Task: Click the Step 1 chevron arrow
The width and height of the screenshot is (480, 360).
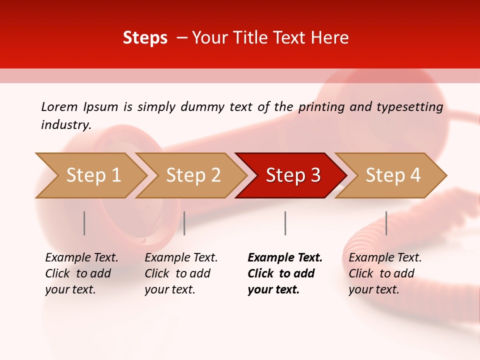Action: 93,175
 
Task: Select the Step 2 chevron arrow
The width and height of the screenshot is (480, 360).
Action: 193,175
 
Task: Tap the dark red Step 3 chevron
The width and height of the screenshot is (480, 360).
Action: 293,175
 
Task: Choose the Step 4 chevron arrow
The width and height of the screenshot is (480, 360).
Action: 393,175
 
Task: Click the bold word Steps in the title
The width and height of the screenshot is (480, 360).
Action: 145,38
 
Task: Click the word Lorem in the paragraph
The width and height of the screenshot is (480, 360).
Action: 59,106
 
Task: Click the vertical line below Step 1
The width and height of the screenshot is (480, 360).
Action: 84,223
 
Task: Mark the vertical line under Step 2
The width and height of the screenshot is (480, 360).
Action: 184,223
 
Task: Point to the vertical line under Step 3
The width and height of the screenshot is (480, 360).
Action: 285,223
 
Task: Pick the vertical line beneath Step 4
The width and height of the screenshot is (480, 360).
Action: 386,223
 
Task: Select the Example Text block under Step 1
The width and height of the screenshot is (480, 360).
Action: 81,273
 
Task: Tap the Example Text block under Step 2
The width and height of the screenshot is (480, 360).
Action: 181,273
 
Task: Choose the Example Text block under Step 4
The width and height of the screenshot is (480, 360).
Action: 385,273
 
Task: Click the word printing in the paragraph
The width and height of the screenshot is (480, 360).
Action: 322,107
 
